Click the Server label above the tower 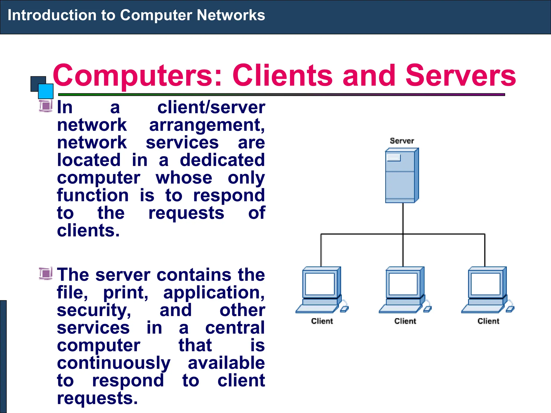pos(402,141)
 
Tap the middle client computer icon pos(403,290)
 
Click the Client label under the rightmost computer pos(488,321)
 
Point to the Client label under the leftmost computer pos(322,321)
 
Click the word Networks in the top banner pos(231,15)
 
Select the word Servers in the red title pos(460,76)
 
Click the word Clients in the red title pos(282,76)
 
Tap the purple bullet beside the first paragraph pos(45,106)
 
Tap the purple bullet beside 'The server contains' pos(45,274)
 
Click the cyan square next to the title pos(45,91)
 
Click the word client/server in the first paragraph pos(211,108)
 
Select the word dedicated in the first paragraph pos(222,160)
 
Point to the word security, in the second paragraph pos(94,310)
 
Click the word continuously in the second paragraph pos(114,363)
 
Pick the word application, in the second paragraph pos(214,293)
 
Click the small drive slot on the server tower pos(394,158)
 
